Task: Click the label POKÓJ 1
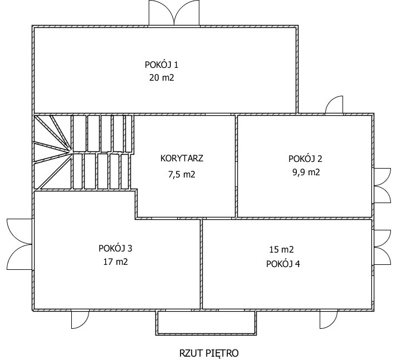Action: (x=162, y=65)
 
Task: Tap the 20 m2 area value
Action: (x=162, y=78)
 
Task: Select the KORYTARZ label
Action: (x=182, y=159)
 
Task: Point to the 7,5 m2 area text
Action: (x=182, y=174)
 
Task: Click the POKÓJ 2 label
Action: (x=305, y=159)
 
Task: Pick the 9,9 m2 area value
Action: (x=306, y=172)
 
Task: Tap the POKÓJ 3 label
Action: (x=115, y=248)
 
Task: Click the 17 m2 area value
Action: (x=115, y=262)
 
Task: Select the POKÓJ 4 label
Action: (x=283, y=264)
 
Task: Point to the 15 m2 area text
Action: (x=281, y=249)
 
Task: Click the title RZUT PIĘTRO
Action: (x=209, y=353)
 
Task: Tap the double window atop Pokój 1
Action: (x=174, y=13)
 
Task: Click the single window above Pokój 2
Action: (x=334, y=105)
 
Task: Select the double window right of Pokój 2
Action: (x=382, y=185)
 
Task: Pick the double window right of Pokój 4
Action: (x=382, y=248)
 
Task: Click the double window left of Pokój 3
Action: (x=19, y=244)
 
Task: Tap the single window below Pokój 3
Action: (x=80, y=319)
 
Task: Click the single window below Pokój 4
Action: (x=329, y=319)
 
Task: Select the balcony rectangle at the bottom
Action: (x=206, y=323)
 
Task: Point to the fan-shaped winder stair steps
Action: (x=52, y=152)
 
